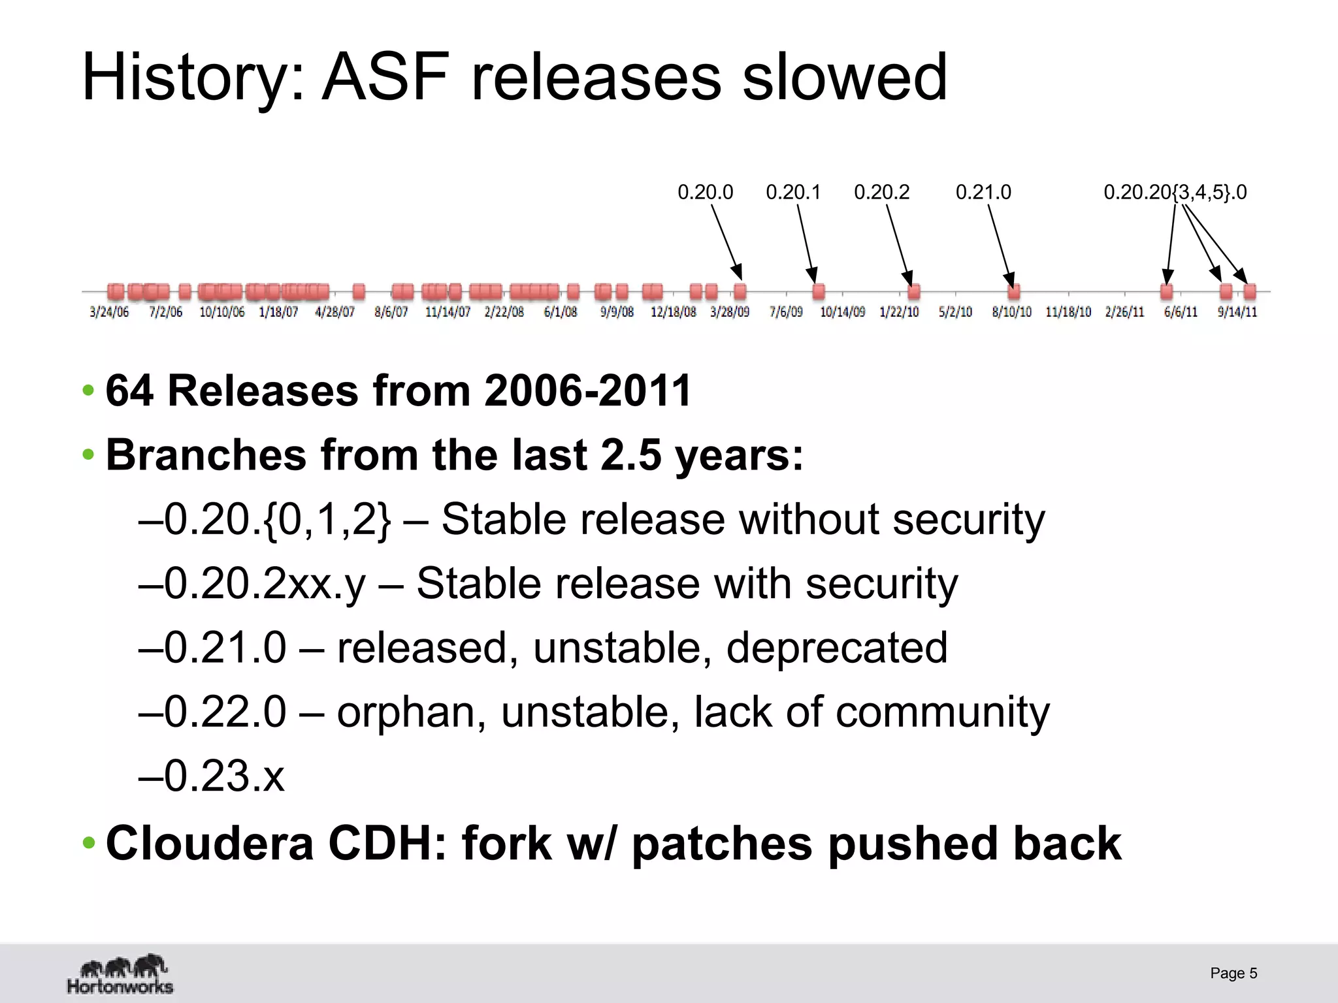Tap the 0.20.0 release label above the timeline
pyautogui.click(x=705, y=192)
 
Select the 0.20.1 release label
pyautogui.click(x=793, y=192)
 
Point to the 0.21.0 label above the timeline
pyautogui.click(x=983, y=192)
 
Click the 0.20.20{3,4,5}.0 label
pyautogui.click(x=1175, y=192)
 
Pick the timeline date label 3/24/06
pyautogui.click(x=109, y=312)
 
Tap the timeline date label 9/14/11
pyautogui.click(x=1237, y=312)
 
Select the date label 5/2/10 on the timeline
pyautogui.click(x=955, y=312)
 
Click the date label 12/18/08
pyautogui.click(x=673, y=312)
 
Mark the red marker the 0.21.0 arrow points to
pyautogui.click(x=1013, y=291)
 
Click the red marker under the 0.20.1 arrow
pyautogui.click(x=818, y=291)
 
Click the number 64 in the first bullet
pyautogui.click(x=129, y=391)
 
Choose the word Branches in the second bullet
pyautogui.click(x=206, y=454)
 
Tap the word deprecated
pyautogui.click(x=836, y=648)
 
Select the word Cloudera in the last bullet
pyautogui.click(x=210, y=843)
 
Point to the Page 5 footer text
pyautogui.click(x=1233, y=973)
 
